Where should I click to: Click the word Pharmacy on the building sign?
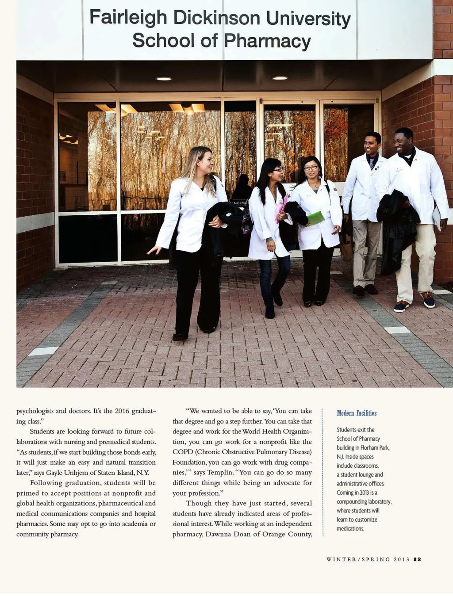pyautogui.click(x=267, y=41)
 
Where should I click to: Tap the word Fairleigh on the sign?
pyautogui.click(x=128, y=18)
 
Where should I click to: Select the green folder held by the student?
pyautogui.click(x=315, y=218)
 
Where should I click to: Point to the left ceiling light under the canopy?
pyautogui.click(x=164, y=79)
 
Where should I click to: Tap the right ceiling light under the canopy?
pyautogui.click(x=280, y=78)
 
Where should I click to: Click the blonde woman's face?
pyautogui.click(x=206, y=162)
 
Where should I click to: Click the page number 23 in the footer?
pyautogui.click(x=417, y=559)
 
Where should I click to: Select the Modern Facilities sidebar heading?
pyautogui.click(x=357, y=413)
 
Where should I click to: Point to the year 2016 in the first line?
pyautogui.click(x=122, y=411)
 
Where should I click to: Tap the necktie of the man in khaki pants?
pyautogui.click(x=372, y=163)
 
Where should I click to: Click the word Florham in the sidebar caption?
pyautogui.click(x=369, y=447)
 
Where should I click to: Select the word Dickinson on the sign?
pyautogui.click(x=216, y=18)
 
